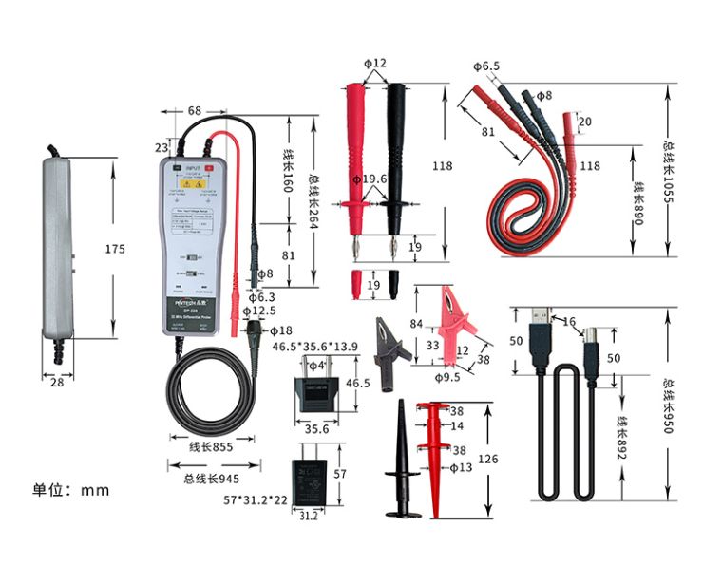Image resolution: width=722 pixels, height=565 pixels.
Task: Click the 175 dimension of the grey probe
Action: (x=115, y=250)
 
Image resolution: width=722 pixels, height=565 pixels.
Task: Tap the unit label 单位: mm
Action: (x=71, y=490)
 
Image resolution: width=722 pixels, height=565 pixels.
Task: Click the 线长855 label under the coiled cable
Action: (x=211, y=445)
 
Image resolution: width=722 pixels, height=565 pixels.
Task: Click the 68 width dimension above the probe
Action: (x=194, y=111)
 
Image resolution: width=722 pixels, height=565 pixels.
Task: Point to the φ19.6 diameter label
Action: (x=370, y=179)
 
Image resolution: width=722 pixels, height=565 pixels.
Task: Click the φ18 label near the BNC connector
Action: (x=281, y=330)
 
